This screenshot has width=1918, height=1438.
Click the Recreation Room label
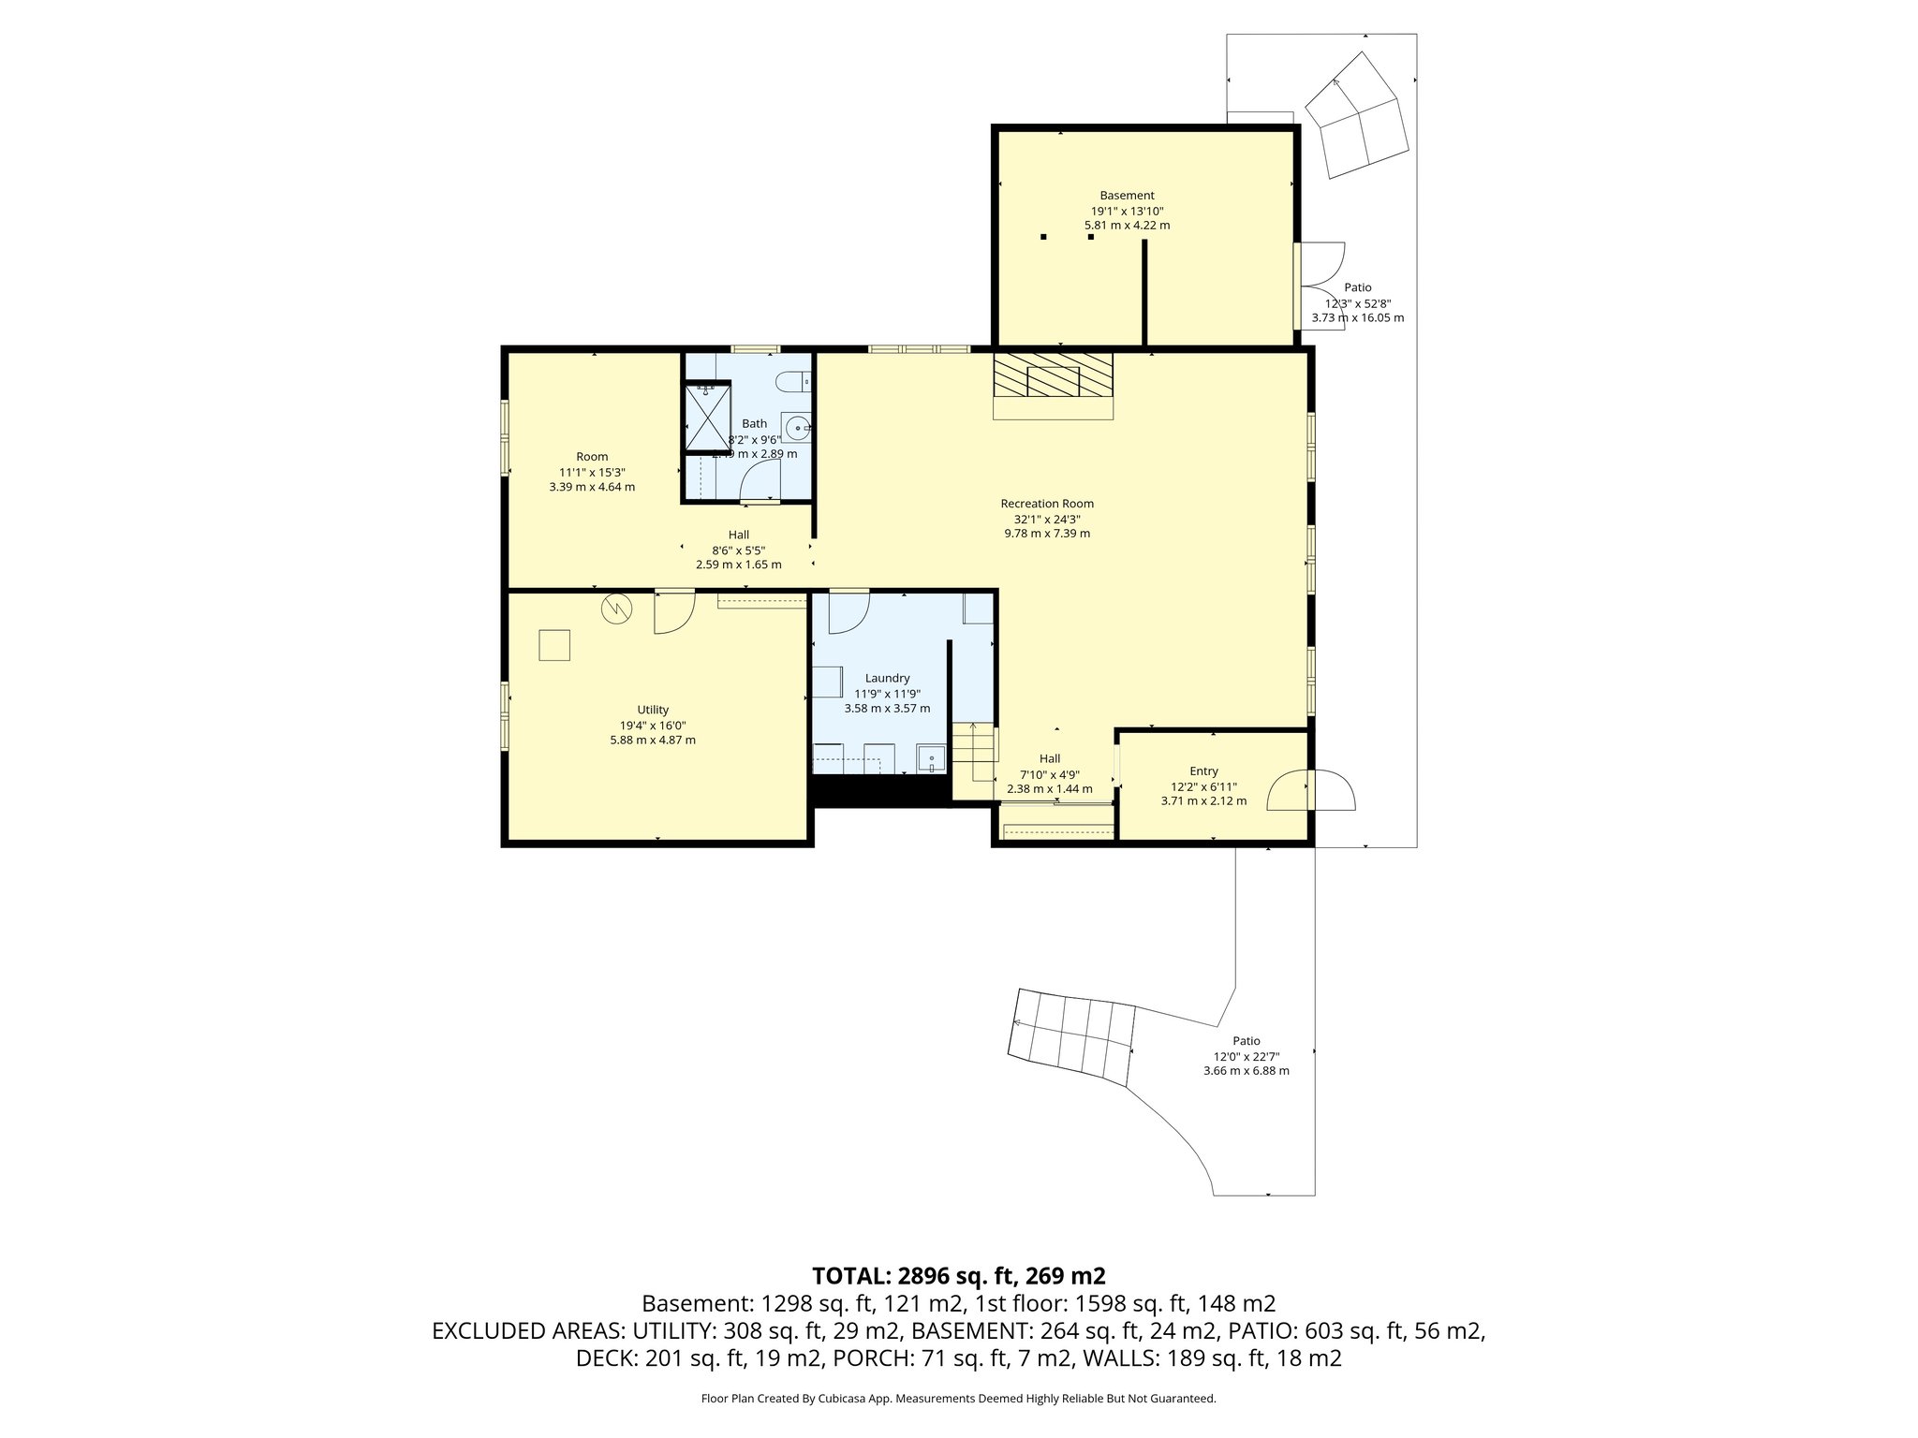(x=1047, y=504)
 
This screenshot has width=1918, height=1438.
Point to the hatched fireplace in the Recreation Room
(x=1053, y=375)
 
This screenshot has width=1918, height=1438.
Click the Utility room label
(x=653, y=710)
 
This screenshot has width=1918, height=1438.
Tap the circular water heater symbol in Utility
(x=617, y=609)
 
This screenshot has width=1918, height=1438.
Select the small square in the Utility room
(x=554, y=646)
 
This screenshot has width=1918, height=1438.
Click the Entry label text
(x=1203, y=771)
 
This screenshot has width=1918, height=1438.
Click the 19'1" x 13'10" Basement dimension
(x=1127, y=212)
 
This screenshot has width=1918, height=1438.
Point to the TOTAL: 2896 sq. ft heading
(x=958, y=1276)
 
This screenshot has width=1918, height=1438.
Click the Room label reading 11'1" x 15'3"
(x=592, y=473)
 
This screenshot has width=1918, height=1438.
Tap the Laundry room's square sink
(x=932, y=759)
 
